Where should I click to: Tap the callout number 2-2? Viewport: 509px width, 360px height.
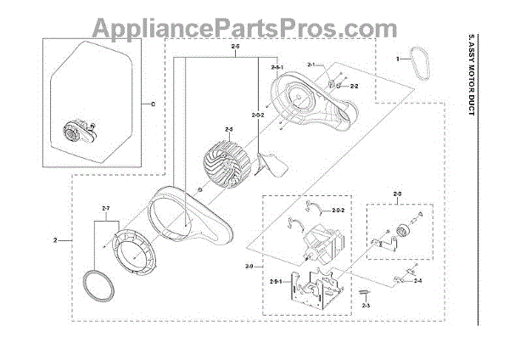[x=355, y=87]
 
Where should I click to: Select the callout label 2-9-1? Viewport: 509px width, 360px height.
[x=276, y=281]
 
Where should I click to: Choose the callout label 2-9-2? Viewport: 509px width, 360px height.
[x=338, y=211]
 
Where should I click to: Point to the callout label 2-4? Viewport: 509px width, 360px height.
[x=417, y=279]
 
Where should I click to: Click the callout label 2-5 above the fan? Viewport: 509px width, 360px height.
[x=228, y=128]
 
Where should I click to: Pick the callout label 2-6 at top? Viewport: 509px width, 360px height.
[x=234, y=48]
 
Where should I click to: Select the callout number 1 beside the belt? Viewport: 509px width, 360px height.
[x=396, y=59]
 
